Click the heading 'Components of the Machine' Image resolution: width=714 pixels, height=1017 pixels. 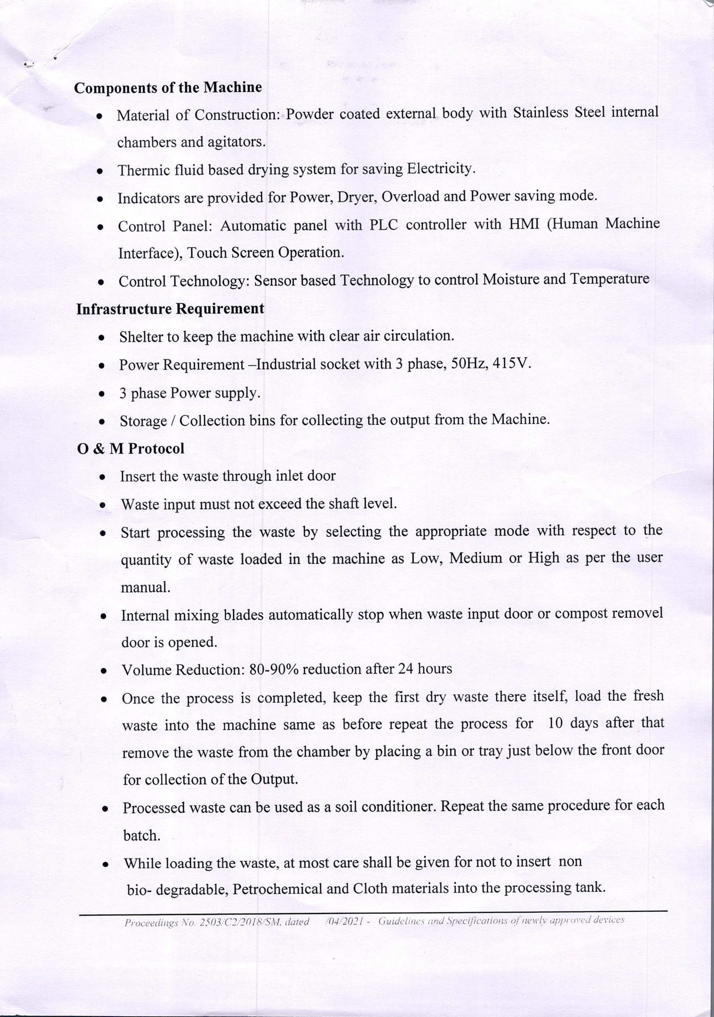click(x=168, y=88)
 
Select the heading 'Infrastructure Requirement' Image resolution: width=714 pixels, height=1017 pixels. click(x=170, y=309)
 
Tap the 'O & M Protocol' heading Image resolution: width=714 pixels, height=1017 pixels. click(x=131, y=449)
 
